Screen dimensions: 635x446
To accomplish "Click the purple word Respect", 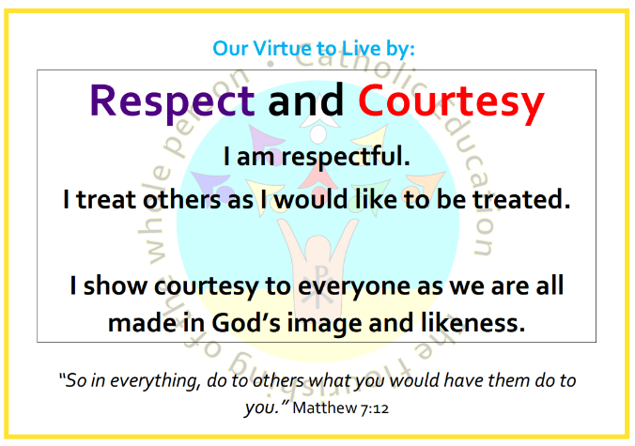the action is [172, 100].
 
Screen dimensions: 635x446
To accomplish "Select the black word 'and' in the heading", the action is [306, 100].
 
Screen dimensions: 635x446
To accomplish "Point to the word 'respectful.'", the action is [346, 157].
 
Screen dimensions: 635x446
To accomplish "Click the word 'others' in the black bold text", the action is [182, 199].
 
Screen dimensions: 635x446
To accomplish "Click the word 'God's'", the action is [246, 323].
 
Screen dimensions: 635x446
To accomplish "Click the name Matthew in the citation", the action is [324, 408].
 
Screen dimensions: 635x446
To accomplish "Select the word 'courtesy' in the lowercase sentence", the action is [206, 287].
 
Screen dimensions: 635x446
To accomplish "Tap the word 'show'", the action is [116, 285].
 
